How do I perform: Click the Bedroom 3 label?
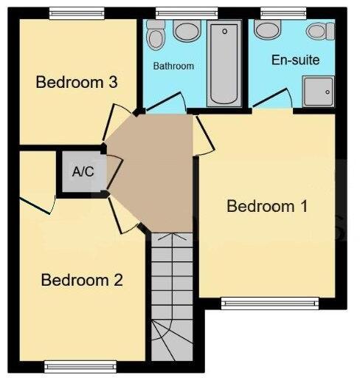coord(77,82)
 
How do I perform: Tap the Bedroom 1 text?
coord(266,206)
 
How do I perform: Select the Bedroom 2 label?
coord(81,281)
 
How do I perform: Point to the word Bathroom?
coord(173,66)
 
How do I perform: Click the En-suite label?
coord(295,60)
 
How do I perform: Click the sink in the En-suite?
coord(267,29)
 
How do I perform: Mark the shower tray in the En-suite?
coord(319,92)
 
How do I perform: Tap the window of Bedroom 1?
coord(270,302)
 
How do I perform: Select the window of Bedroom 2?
coord(80,365)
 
